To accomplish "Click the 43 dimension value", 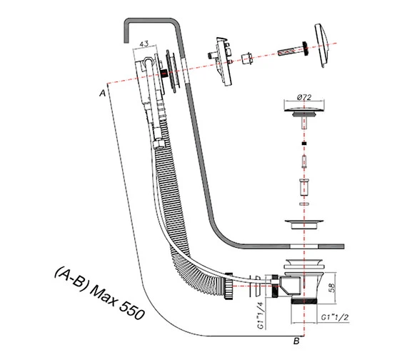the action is (x=144, y=44).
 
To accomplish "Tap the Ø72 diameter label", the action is (x=304, y=97).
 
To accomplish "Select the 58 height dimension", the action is (x=332, y=288).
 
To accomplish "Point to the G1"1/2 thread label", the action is (x=335, y=317).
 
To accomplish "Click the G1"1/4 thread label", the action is (x=261, y=315).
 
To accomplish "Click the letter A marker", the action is (x=103, y=93).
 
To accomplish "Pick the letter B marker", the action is (x=296, y=341).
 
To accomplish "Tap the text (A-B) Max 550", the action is (x=99, y=293).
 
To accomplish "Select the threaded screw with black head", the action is (x=293, y=49).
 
